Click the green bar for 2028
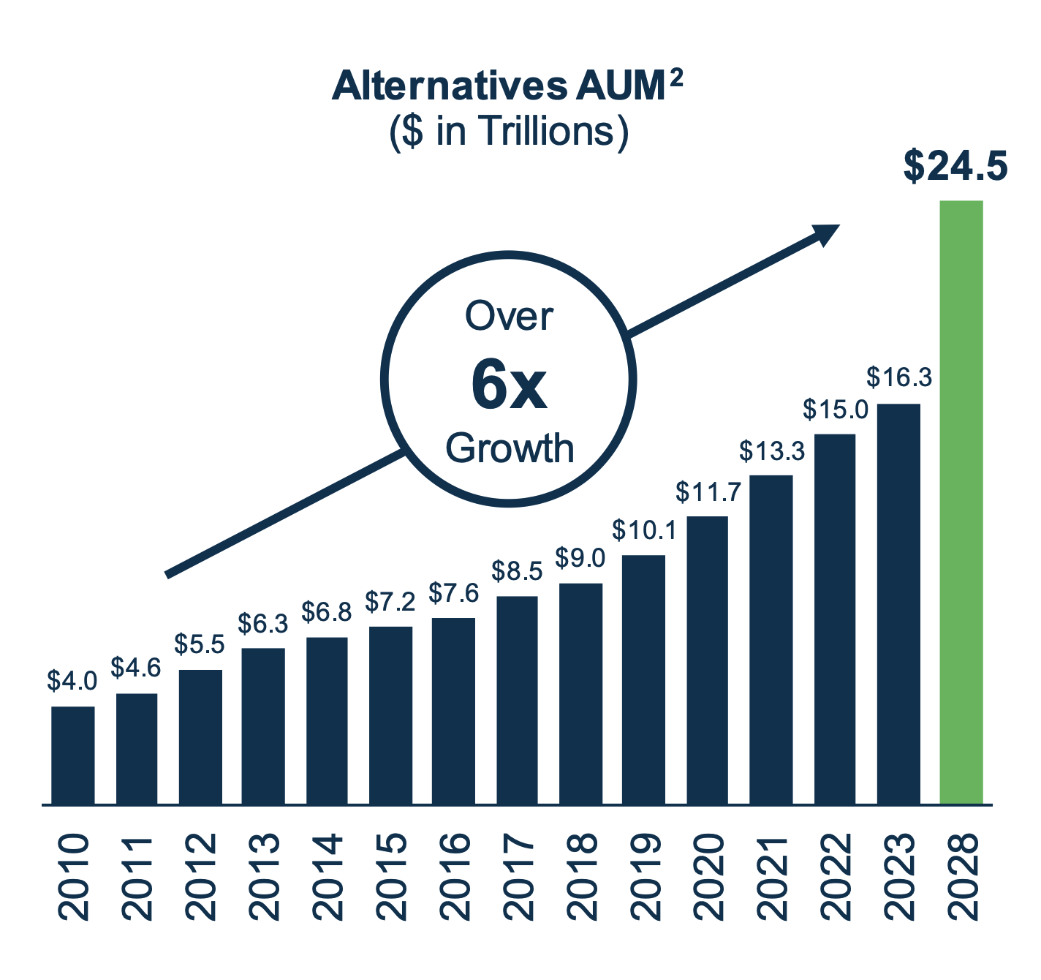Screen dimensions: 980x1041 pyautogui.click(x=961, y=502)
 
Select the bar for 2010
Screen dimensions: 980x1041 pyautogui.click(x=73, y=755)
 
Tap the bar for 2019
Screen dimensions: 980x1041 pyautogui.click(x=644, y=679)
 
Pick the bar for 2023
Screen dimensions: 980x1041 pyautogui.click(x=898, y=604)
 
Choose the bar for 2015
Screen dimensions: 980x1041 pyautogui.click(x=391, y=715)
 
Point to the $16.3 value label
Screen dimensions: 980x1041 pyautogui.click(x=898, y=377)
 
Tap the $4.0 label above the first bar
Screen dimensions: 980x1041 pyautogui.click(x=72, y=681)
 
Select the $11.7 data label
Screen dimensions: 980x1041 pyautogui.click(x=708, y=491)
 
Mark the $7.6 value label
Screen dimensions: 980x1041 pyautogui.click(x=453, y=592)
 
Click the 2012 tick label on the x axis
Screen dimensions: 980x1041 pyautogui.click(x=200, y=876)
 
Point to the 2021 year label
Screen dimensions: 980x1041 pyautogui.click(x=771, y=876)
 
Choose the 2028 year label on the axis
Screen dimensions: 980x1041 pyautogui.click(x=962, y=876)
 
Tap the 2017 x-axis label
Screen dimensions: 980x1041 pyautogui.click(x=518, y=876)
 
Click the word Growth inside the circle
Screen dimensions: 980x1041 pyautogui.click(x=510, y=448)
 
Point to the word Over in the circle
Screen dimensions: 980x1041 pyautogui.click(x=510, y=317)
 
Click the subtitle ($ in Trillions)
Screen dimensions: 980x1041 pyautogui.click(x=509, y=132)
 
